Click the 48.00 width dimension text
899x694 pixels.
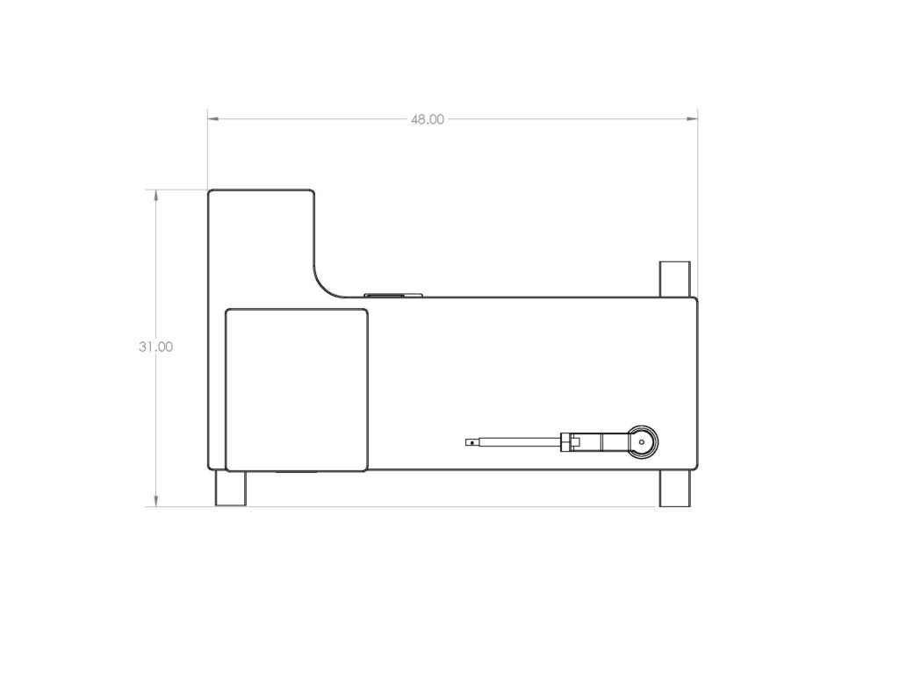point(428,119)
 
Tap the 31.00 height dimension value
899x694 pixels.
point(155,347)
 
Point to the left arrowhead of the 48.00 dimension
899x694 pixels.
point(213,118)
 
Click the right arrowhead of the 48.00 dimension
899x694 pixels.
point(692,118)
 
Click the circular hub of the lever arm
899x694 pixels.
point(642,442)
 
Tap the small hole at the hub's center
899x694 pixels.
point(642,442)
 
